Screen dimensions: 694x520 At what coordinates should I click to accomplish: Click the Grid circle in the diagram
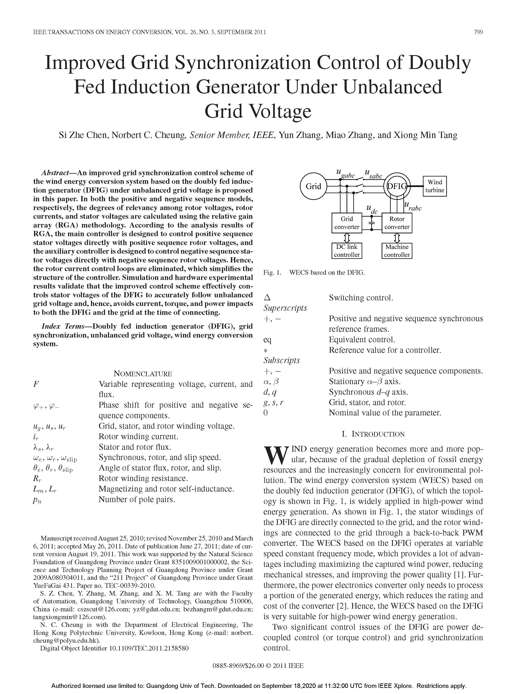coord(313,186)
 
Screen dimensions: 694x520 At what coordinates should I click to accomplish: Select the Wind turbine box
coord(434,186)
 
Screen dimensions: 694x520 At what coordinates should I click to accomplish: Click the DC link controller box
coord(346,251)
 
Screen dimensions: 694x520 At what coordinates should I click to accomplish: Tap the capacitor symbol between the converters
coord(372,225)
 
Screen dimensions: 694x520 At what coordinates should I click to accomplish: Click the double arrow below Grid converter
coord(347,237)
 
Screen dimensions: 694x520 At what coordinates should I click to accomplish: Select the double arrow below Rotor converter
coord(397,237)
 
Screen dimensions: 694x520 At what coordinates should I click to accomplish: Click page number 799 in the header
coord(478,32)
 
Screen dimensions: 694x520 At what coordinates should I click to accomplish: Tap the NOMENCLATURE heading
coord(143,374)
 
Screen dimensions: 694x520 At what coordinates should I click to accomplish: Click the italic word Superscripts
coord(285,308)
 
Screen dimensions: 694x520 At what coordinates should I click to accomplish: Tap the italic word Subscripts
coord(282,360)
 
